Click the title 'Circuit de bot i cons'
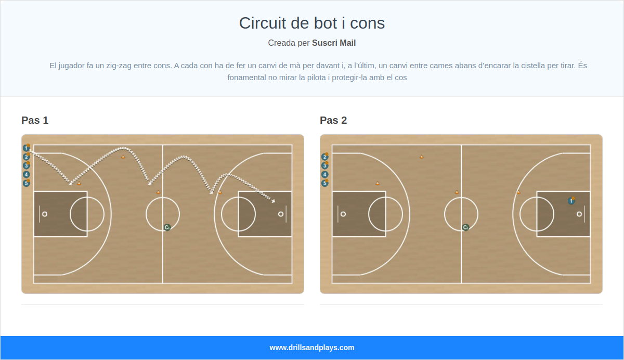pos(312,23)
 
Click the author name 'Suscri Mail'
pos(334,43)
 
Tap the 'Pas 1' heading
pos(35,121)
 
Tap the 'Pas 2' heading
pos(333,121)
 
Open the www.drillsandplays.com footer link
pos(312,348)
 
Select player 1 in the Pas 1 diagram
pos(26,148)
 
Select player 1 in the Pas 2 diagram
pos(571,201)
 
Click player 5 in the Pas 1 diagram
pos(27,183)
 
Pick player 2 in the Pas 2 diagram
pos(325,157)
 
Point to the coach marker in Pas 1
pos(167,227)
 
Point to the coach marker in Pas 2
pos(465,227)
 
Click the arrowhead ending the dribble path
pos(274,200)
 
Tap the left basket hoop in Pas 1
pos(45,214)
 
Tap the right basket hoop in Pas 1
pos(281,214)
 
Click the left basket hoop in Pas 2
pos(343,214)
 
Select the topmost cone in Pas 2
pos(422,157)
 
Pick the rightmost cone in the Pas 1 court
pos(220,192)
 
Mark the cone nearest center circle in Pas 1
pos(159,192)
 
